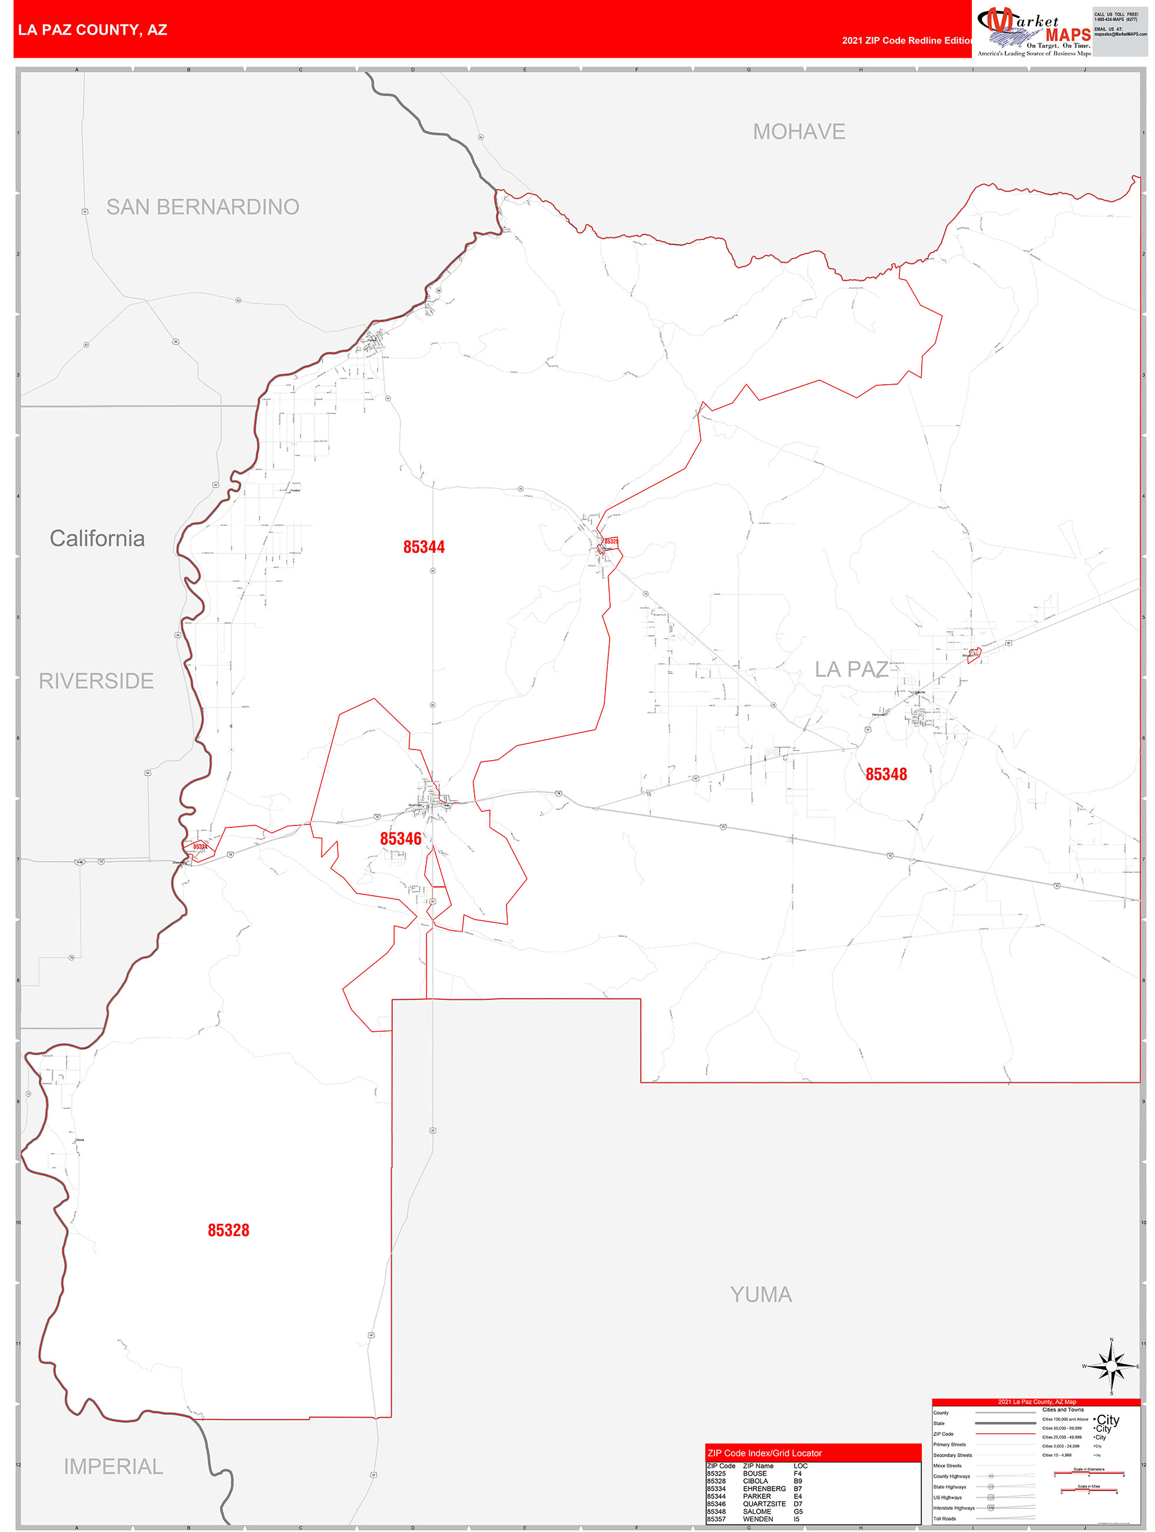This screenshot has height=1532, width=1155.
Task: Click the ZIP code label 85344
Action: click(424, 547)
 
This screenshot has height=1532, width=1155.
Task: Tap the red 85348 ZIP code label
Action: click(886, 774)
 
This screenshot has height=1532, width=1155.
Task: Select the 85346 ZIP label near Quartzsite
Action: click(401, 838)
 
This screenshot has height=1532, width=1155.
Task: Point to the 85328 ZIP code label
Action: click(229, 1230)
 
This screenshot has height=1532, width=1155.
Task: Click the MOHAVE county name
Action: click(799, 131)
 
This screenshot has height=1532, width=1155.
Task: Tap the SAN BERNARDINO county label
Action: click(202, 206)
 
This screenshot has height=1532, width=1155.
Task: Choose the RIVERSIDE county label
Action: click(96, 681)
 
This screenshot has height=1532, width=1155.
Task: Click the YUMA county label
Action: click(761, 1295)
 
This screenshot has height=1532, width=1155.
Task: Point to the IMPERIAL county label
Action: click(114, 1466)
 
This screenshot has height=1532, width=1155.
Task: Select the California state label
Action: click(97, 538)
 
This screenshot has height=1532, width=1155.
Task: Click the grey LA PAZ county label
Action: click(851, 669)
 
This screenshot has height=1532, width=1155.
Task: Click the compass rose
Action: click(1111, 1366)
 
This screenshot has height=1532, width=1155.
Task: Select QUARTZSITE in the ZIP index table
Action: click(764, 1504)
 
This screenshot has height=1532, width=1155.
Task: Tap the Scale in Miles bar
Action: click(1088, 1490)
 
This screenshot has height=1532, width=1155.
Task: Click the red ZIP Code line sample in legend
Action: click(1005, 1434)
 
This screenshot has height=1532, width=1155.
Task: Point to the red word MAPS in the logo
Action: click(1068, 35)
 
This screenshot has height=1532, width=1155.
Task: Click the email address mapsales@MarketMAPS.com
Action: click(1120, 34)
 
